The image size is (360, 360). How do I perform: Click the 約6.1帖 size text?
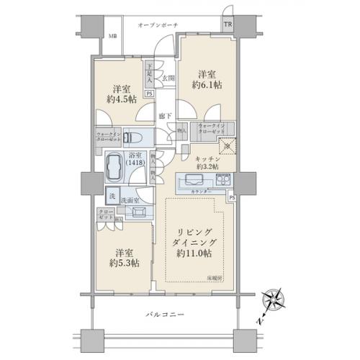[x=207, y=85]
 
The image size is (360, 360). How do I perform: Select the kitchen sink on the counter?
[x=195, y=180]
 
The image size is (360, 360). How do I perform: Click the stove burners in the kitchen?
[x=220, y=180]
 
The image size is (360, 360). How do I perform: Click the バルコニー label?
[x=161, y=315]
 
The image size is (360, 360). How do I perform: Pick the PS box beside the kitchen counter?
[x=232, y=197]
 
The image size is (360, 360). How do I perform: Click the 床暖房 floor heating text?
[x=215, y=276]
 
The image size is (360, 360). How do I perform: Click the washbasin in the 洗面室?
[x=138, y=212]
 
